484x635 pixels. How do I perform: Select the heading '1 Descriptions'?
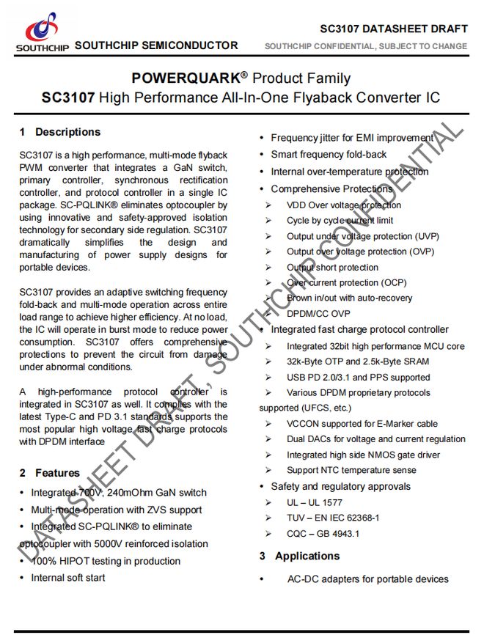click(x=60, y=132)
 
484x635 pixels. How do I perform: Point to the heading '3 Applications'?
click(x=299, y=556)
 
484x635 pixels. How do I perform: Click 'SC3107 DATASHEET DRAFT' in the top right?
click(x=394, y=29)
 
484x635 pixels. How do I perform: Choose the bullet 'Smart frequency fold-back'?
click(x=329, y=155)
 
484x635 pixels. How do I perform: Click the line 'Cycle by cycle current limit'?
click(x=340, y=220)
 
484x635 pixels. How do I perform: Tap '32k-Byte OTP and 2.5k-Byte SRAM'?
click(x=358, y=361)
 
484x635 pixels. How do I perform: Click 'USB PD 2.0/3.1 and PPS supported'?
click(x=358, y=377)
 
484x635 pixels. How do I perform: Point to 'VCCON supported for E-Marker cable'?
click(x=362, y=423)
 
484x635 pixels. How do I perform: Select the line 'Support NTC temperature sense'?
click(x=351, y=470)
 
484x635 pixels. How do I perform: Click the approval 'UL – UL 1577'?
click(x=315, y=502)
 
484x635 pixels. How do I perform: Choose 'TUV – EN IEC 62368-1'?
click(x=333, y=518)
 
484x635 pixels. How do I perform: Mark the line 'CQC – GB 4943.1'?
click(x=323, y=534)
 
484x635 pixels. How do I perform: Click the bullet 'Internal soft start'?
click(x=67, y=578)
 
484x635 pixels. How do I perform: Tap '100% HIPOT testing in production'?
click(x=105, y=561)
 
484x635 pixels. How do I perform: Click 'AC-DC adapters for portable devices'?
click(x=367, y=579)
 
